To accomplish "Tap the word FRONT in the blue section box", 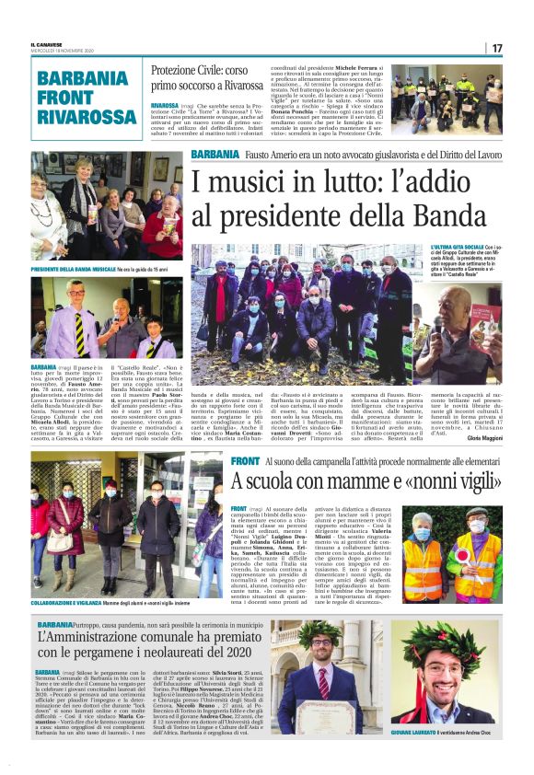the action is pyautogui.click(x=65, y=97).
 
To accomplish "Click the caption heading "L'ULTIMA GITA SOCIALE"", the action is pyautogui.click(x=454, y=248).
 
